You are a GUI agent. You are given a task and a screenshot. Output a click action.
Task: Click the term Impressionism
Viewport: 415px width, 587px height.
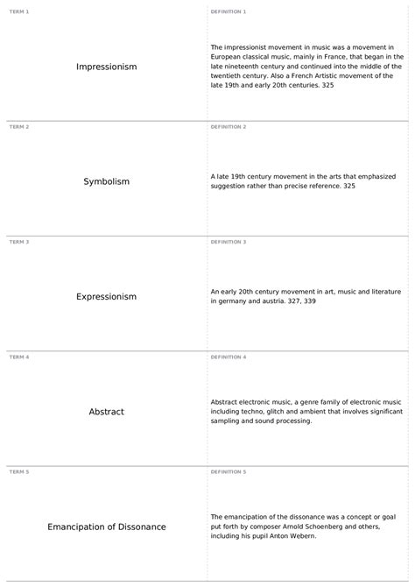pyautogui.click(x=106, y=67)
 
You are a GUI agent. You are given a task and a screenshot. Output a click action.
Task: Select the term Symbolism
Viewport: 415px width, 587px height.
pyautogui.click(x=106, y=181)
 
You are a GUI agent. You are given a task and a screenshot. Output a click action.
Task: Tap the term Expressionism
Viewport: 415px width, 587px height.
pyautogui.click(x=106, y=296)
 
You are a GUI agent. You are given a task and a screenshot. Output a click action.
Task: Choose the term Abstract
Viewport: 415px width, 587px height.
pyautogui.click(x=106, y=411)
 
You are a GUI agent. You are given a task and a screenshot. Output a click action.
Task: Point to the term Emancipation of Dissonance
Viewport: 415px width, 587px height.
pyautogui.click(x=106, y=527)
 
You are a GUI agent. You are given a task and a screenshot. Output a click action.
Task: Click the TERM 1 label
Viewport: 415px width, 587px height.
pyautogui.click(x=18, y=11)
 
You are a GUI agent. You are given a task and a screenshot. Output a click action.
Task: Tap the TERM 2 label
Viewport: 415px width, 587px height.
pyautogui.click(x=18, y=126)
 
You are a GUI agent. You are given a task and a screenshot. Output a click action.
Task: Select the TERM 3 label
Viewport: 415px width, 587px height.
pyautogui.click(x=18, y=241)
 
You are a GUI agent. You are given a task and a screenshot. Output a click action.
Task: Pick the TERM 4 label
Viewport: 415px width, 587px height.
pyautogui.click(x=18, y=357)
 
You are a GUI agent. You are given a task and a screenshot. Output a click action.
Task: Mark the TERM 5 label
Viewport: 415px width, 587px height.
pyautogui.click(x=18, y=471)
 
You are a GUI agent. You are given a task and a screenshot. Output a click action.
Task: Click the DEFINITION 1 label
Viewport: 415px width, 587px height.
pyautogui.click(x=229, y=11)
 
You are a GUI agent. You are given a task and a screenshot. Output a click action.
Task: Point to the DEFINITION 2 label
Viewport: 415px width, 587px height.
pyautogui.click(x=229, y=126)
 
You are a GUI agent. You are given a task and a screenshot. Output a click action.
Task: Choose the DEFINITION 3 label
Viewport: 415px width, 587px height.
pyautogui.click(x=229, y=241)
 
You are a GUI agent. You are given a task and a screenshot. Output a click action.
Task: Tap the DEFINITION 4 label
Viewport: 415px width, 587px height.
pyautogui.click(x=229, y=357)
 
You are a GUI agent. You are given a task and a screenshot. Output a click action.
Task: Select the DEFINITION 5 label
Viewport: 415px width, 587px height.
pyautogui.click(x=229, y=471)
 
